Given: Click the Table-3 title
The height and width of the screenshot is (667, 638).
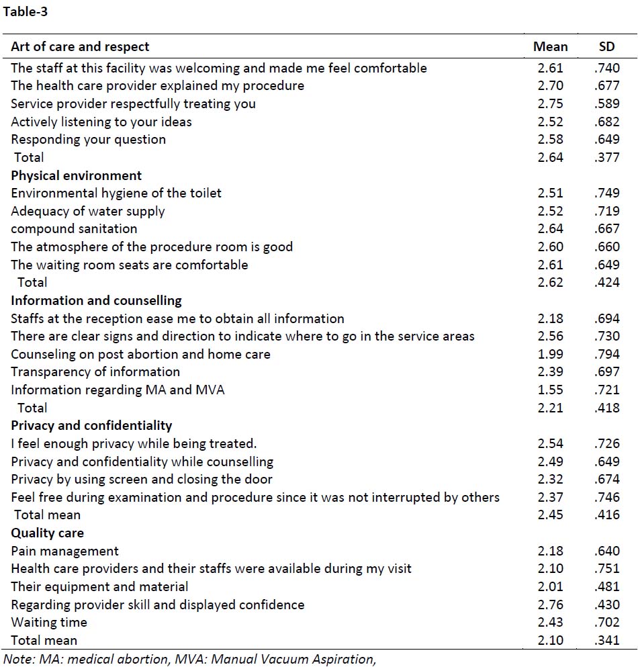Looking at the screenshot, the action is [x=25, y=11].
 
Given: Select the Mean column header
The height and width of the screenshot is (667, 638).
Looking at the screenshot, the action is [x=551, y=46].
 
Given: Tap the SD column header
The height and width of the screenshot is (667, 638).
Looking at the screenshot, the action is [x=606, y=46].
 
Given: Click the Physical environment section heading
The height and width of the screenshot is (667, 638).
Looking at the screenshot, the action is [x=76, y=176].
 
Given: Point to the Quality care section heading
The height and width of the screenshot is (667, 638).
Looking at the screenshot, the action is [x=47, y=533].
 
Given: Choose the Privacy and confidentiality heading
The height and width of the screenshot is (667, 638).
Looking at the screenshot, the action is [x=91, y=425].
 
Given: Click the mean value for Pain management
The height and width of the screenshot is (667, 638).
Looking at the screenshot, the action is [x=551, y=551].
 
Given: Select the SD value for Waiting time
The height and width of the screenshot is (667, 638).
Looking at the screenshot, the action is [x=607, y=623].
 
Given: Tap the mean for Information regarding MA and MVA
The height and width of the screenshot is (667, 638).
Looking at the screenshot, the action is [x=551, y=390].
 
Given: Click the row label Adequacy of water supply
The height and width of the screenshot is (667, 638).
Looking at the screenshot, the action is [x=87, y=212].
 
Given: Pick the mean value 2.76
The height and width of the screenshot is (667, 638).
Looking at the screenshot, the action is [x=551, y=605].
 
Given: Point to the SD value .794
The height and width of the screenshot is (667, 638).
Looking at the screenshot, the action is [x=607, y=354].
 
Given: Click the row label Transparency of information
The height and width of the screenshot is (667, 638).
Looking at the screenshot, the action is [x=95, y=371].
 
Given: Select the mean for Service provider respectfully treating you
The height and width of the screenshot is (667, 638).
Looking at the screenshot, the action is [x=551, y=103].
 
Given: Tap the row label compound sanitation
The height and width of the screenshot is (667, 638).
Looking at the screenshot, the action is [x=74, y=229].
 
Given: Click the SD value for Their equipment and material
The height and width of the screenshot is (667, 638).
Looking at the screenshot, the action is [x=607, y=586].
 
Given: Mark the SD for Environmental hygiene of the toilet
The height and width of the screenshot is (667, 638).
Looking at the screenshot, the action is [x=607, y=193].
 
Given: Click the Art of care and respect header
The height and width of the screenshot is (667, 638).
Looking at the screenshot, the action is [x=80, y=46].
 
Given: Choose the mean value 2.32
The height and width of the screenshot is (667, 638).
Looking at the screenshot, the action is [x=551, y=479].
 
